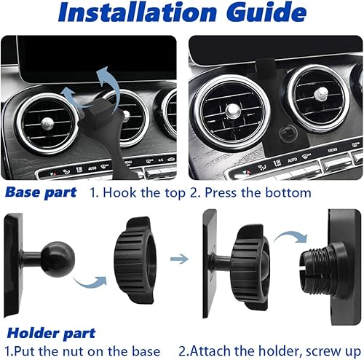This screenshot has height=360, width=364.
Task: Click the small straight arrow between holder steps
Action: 175,257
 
